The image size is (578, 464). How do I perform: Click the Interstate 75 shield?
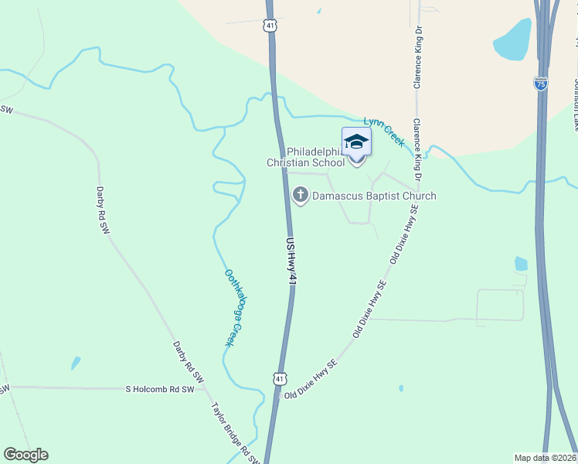[x=541, y=84]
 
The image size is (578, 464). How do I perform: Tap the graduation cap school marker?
[x=356, y=142]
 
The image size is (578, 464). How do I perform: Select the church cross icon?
[x=300, y=196]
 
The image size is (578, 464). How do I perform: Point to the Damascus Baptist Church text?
[x=374, y=196]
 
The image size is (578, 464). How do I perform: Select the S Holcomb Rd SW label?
[x=160, y=389]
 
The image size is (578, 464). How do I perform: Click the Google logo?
[x=25, y=455]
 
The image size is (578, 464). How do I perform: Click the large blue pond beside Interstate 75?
[x=512, y=39]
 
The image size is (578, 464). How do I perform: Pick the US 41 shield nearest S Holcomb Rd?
[x=279, y=378]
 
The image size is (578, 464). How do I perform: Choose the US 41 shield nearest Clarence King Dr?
[x=269, y=26]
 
